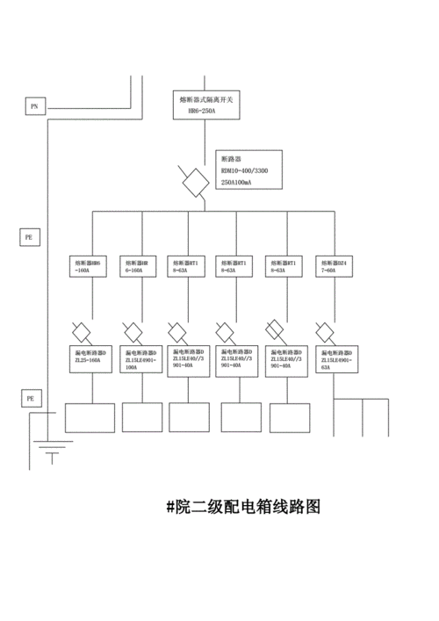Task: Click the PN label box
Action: [x=34, y=106]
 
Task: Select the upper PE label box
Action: [x=30, y=236]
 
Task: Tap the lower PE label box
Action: [x=30, y=398]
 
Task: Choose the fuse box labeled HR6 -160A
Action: [x=88, y=267]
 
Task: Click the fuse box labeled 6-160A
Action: [x=137, y=267]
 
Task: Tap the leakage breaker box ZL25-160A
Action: [x=88, y=357]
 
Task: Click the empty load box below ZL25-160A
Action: [x=90, y=417]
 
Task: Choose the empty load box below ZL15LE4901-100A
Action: [x=141, y=417]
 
